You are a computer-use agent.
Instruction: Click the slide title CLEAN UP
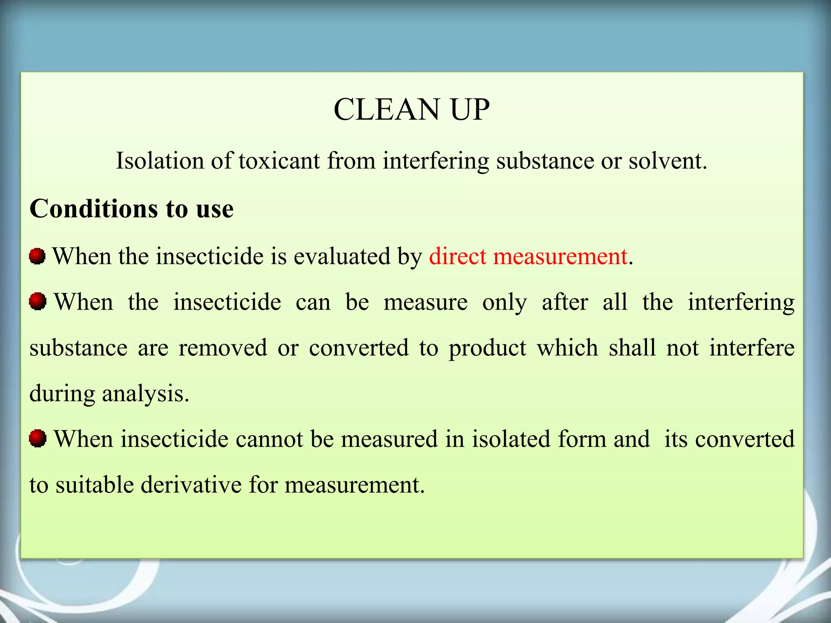[x=411, y=110]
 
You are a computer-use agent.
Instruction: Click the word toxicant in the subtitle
[x=279, y=161]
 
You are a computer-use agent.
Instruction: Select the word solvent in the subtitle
[x=667, y=161]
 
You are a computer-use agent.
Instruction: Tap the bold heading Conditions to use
[x=131, y=209]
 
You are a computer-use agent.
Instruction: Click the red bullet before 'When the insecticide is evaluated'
[x=37, y=256]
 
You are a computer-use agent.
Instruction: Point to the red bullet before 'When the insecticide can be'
[x=37, y=302]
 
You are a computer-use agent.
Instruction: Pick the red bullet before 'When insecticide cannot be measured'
[x=37, y=439]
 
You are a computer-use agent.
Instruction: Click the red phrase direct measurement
[x=528, y=256]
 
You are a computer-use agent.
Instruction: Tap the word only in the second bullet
[x=504, y=303]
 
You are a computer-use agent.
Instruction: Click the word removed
[x=223, y=348]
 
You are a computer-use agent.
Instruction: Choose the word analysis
[x=145, y=394]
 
